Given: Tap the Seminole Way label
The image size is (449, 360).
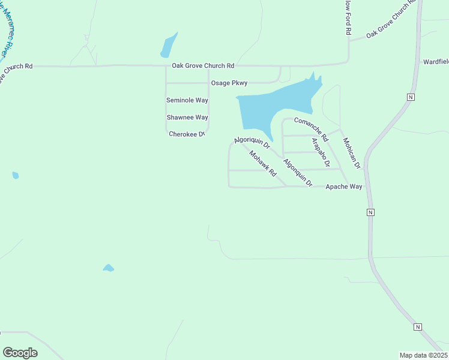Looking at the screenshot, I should tap(187, 100).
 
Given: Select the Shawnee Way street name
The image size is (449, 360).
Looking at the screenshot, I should tap(187, 118).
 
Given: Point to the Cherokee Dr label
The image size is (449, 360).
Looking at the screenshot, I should tap(187, 134).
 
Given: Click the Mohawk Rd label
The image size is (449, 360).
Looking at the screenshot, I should tap(262, 163).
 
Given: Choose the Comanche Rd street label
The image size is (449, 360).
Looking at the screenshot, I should tap(311, 129).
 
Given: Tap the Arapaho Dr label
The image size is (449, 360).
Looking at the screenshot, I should tap(321, 152).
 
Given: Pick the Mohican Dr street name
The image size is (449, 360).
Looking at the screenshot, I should tap(351, 152).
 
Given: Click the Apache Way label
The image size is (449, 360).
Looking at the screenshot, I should tap(343, 187).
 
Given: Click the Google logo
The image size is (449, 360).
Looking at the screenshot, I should tap(20, 353).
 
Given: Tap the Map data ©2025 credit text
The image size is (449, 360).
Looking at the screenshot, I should tap(423, 355).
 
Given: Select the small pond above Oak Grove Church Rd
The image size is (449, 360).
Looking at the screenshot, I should tap(168, 45).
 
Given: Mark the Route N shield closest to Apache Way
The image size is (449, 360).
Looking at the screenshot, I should tap(370, 212).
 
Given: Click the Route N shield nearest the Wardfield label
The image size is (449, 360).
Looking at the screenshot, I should tap(411, 97).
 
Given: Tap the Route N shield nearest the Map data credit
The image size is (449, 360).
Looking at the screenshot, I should tap(418, 327).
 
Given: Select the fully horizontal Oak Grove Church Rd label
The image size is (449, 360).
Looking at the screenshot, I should tap(203, 65).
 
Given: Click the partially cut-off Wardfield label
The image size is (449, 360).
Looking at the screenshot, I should tap(436, 62).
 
